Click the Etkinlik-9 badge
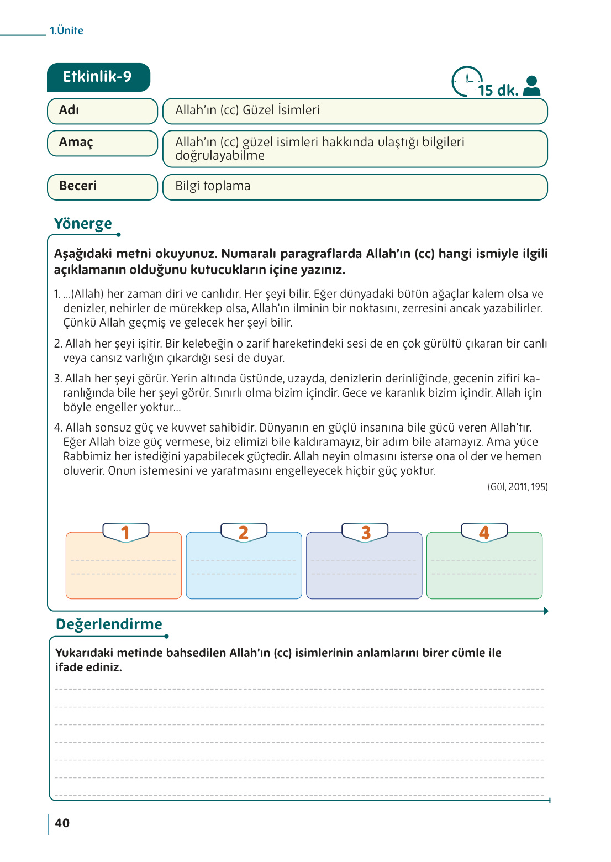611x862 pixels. click(98, 77)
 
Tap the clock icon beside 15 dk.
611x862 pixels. click(466, 82)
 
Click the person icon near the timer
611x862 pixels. click(531, 86)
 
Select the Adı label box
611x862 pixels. click(102, 111)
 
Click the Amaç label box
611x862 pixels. click(102, 143)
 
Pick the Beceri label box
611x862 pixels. click(102, 187)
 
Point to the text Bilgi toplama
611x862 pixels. click(213, 186)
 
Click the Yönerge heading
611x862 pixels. click(83, 224)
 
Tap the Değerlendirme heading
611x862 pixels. click(109, 624)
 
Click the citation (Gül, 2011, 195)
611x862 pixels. click(518, 487)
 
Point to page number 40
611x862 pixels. click(62, 823)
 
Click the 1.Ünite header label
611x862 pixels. click(66, 31)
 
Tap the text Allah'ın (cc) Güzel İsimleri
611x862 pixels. click(247, 111)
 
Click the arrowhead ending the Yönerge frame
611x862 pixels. click(546, 611)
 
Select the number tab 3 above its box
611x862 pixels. click(365, 532)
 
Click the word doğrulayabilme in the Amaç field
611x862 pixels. click(220, 156)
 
